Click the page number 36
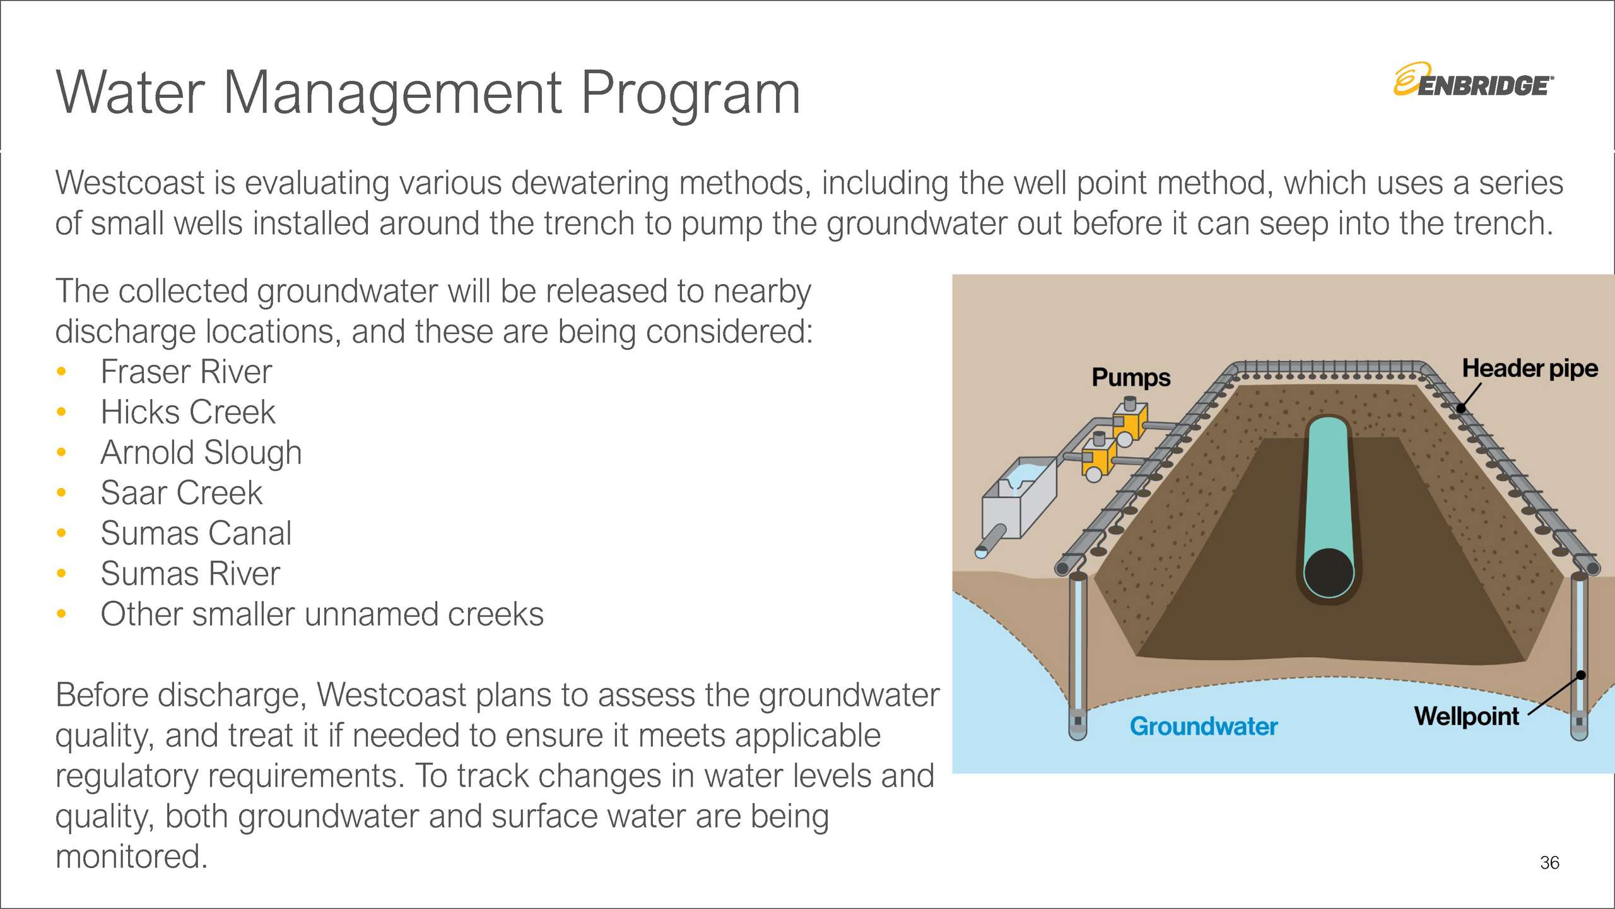pyautogui.click(x=1549, y=862)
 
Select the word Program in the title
pyautogui.click(x=690, y=93)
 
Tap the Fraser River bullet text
pyautogui.click(x=186, y=372)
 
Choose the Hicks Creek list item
pyautogui.click(x=188, y=412)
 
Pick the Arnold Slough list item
pyautogui.click(x=201, y=453)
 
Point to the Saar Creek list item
pyautogui.click(x=181, y=493)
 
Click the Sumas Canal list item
pyautogui.click(x=196, y=533)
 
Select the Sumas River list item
pyautogui.click(x=190, y=574)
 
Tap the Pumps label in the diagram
pyautogui.click(x=1130, y=377)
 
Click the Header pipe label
pyautogui.click(x=1529, y=368)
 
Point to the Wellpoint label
pyautogui.click(x=1466, y=716)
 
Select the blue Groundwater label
pyautogui.click(x=1203, y=727)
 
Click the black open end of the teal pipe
pyautogui.click(x=1329, y=573)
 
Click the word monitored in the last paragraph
pyautogui.click(x=131, y=857)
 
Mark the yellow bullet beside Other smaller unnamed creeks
pyautogui.click(x=61, y=614)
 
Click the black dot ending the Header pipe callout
pyautogui.click(x=1461, y=408)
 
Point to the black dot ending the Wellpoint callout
pyautogui.click(x=1581, y=675)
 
